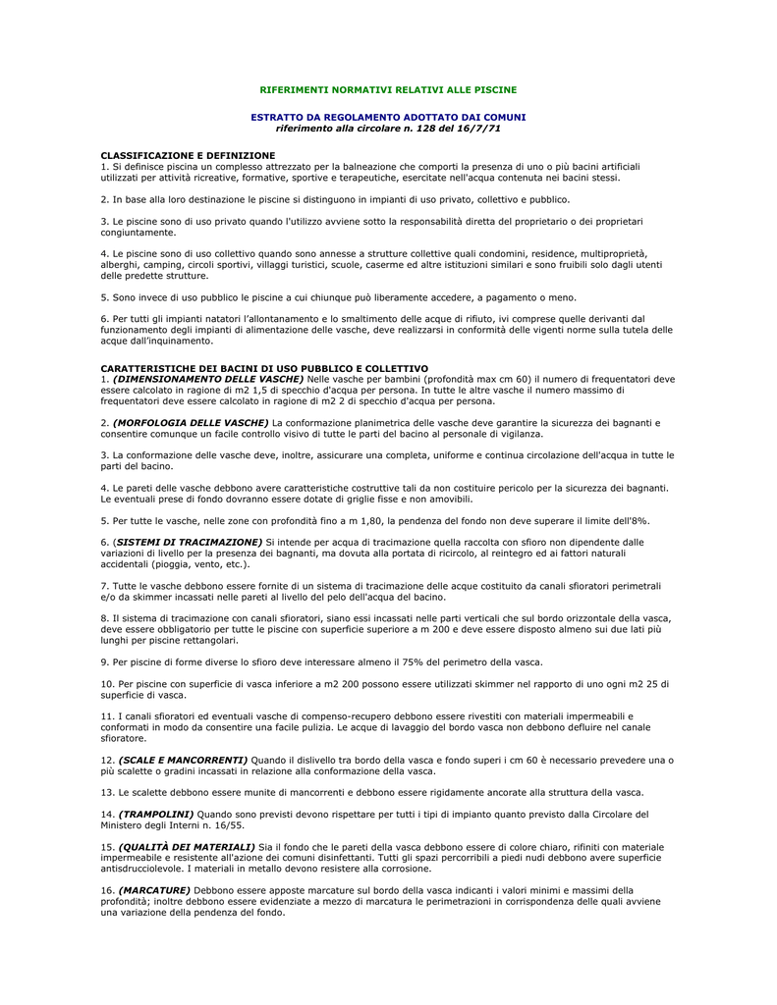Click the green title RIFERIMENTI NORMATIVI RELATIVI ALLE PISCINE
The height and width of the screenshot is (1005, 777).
pos(388,89)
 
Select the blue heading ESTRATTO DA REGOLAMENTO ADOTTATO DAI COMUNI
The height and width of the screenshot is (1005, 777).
pos(388,117)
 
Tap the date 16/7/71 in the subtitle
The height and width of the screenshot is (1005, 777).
pos(481,128)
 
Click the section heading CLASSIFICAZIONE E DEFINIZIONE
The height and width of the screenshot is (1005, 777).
pos(188,155)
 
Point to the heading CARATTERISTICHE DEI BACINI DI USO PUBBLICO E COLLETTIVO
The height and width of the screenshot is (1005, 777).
pos(264,368)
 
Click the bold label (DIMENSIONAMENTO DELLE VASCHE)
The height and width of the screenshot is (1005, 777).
pos(208,378)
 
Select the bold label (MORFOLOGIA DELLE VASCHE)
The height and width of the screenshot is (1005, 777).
pos(191,422)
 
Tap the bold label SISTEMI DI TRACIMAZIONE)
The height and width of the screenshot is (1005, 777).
pos(190,541)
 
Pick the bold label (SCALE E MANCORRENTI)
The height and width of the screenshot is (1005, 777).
pos(183,760)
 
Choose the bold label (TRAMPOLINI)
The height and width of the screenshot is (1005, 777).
pos(156,814)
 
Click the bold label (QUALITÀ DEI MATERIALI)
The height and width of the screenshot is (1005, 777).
pos(187,846)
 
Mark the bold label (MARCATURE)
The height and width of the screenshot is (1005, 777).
pos(154,889)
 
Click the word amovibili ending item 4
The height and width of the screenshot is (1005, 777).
pos(448,499)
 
